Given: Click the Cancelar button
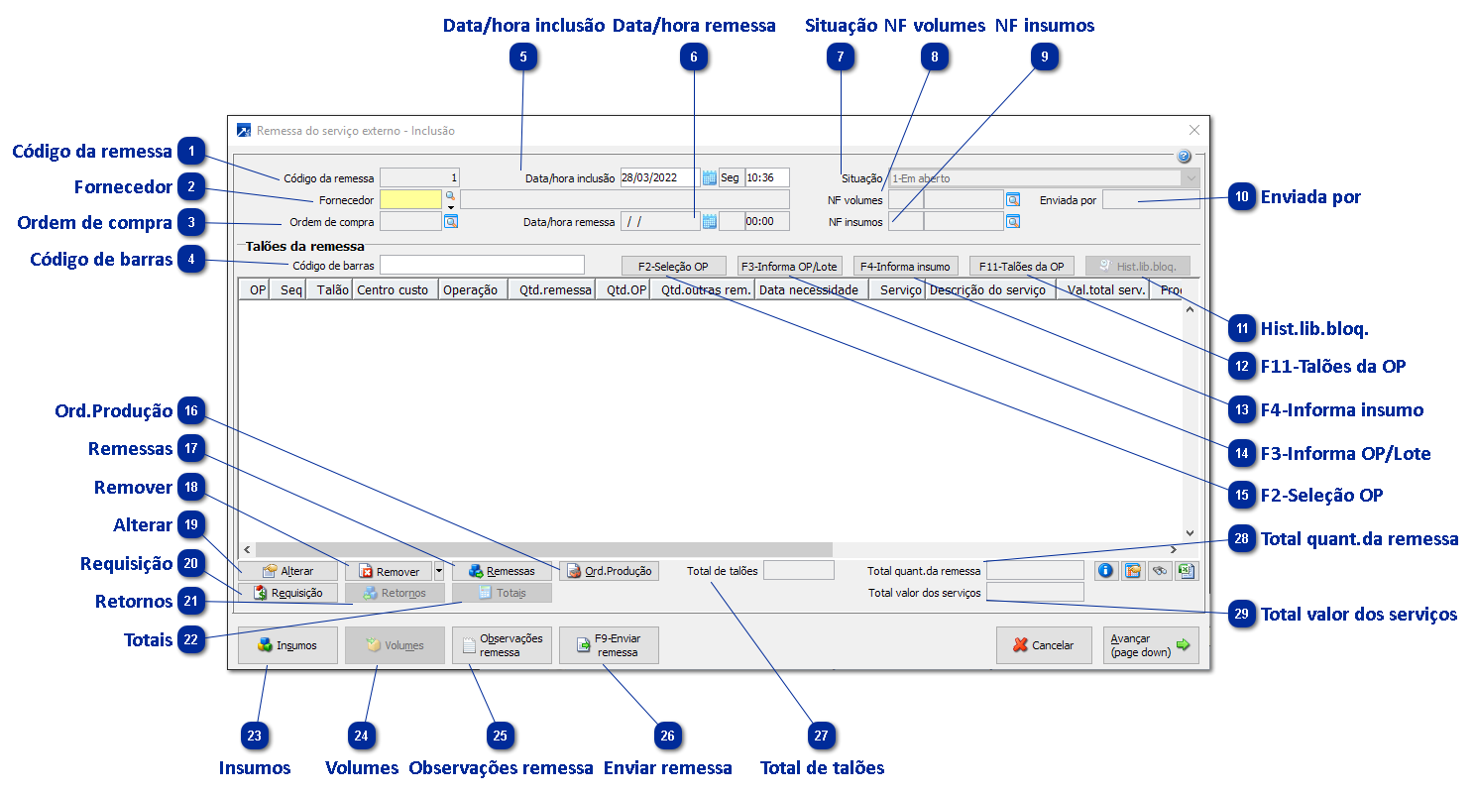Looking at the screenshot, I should (1044, 645).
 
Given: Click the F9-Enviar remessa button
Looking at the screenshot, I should (609, 645).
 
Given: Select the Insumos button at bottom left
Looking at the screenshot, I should (287, 645).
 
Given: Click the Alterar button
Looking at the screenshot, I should (287, 571).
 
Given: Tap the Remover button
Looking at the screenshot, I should (389, 571).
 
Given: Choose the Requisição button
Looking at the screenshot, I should (287, 593).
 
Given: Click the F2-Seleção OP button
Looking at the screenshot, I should (673, 266).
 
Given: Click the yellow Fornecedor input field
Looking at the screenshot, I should (410, 199).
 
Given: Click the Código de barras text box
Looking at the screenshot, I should (482, 265).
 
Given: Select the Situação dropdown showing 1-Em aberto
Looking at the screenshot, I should (1044, 178).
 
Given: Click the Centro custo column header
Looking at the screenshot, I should (393, 290).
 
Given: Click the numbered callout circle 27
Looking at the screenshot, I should (821, 736).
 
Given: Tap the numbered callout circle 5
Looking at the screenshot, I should (523, 57).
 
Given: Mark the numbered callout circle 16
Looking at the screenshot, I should (191, 410).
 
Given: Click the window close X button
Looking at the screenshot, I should (1194, 130).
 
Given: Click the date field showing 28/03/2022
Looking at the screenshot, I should (659, 178).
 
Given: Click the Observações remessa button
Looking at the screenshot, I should (502, 645).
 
